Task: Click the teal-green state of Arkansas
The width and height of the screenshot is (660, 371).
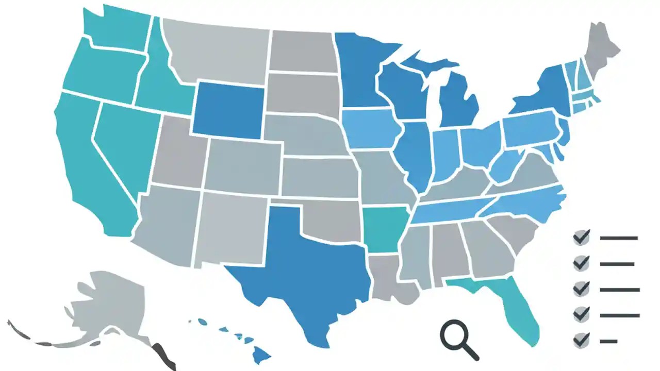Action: click(384, 229)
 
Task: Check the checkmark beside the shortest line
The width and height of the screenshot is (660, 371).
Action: click(582, 341)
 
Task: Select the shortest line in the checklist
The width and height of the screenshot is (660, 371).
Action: click(608, 341)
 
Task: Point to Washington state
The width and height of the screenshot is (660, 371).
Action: click(116, 28)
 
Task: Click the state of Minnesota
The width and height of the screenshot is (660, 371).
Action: click(361, 72)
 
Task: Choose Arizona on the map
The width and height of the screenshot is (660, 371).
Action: click(165, 222)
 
